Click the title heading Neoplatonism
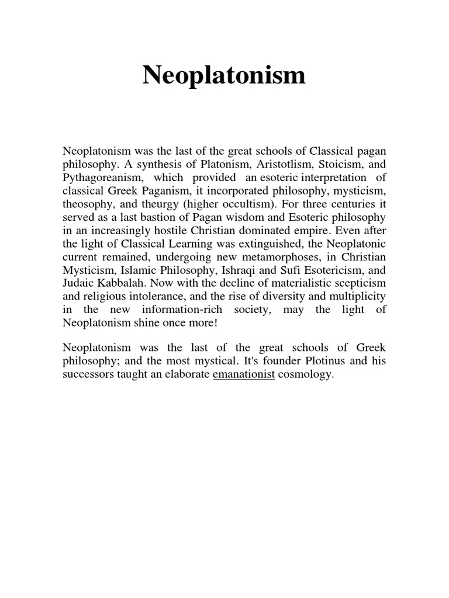(x=224, y=75)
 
